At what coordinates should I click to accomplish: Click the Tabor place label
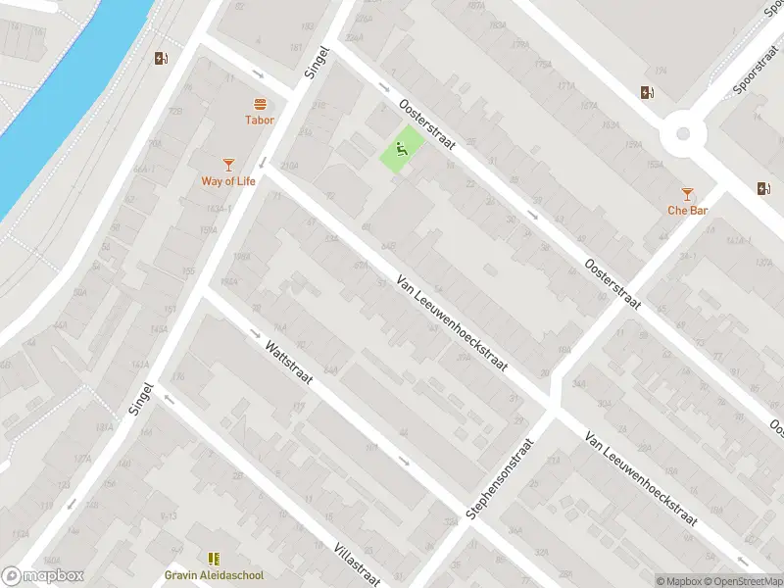[x=260, y=121]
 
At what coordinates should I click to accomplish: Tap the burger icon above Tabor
[x=260, y=104]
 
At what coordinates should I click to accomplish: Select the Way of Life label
[x=227, y=180]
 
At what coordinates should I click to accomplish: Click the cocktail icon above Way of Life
[x=228, y=164]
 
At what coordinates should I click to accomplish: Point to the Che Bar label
[x=687, y=210]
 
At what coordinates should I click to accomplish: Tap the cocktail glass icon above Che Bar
[x=687, y=193]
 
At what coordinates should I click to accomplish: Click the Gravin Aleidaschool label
[x=214, y=575]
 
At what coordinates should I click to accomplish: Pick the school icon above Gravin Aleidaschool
[x=214, y=559]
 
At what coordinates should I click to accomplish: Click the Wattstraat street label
[x=288, y=361]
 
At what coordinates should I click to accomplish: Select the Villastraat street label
[x=356, y=563]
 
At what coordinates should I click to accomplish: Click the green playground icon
[x=402, y=150]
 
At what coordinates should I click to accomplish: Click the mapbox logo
[x=42, y=576]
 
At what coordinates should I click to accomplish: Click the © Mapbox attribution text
[x=677, y=581]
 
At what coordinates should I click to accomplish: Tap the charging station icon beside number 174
[x=647, y=93]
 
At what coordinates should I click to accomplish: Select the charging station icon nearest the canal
[x=162, y=58]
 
